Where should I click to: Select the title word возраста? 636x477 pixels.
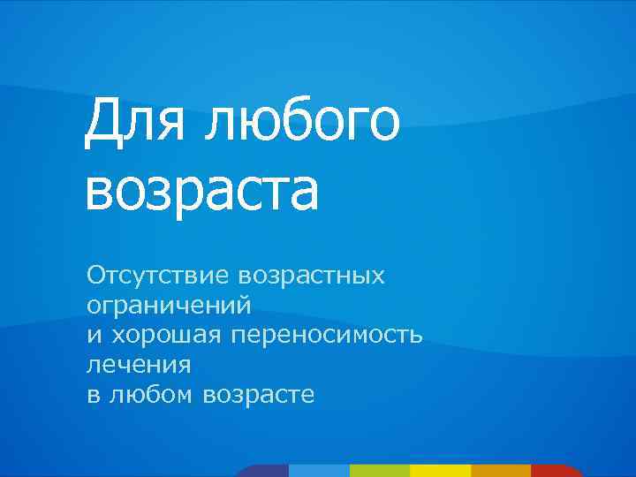201,192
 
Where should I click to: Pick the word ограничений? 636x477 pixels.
169,307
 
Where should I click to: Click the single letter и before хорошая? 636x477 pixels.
93,335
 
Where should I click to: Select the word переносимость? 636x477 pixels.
328,336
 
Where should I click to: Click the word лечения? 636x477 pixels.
139,365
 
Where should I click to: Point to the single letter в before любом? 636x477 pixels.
93,395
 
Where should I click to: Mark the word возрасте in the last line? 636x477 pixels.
259,395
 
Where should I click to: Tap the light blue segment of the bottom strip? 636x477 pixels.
319,471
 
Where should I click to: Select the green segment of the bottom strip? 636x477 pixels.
380,471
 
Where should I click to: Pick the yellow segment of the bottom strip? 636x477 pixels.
440,471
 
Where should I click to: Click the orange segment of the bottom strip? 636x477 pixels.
500,471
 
